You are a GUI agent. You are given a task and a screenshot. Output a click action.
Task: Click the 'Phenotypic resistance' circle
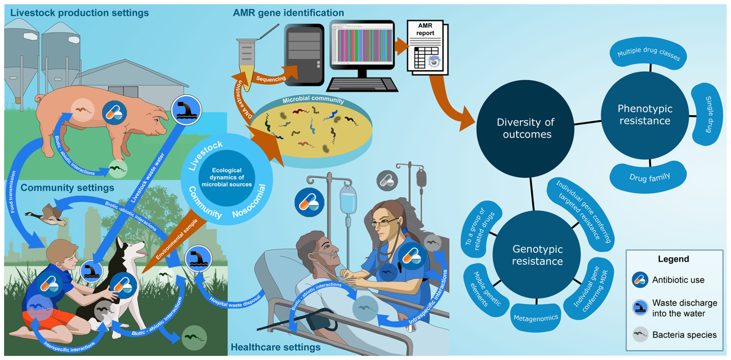tap(644, 115)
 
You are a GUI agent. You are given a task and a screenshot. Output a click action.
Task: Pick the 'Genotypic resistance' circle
tap(537, 255)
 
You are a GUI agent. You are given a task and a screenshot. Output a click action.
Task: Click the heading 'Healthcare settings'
tap(276, 347)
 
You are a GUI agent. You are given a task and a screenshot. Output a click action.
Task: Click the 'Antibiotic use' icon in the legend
tap(640, 280)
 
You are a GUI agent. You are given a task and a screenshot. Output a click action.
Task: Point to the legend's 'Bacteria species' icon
tap(640, 335)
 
